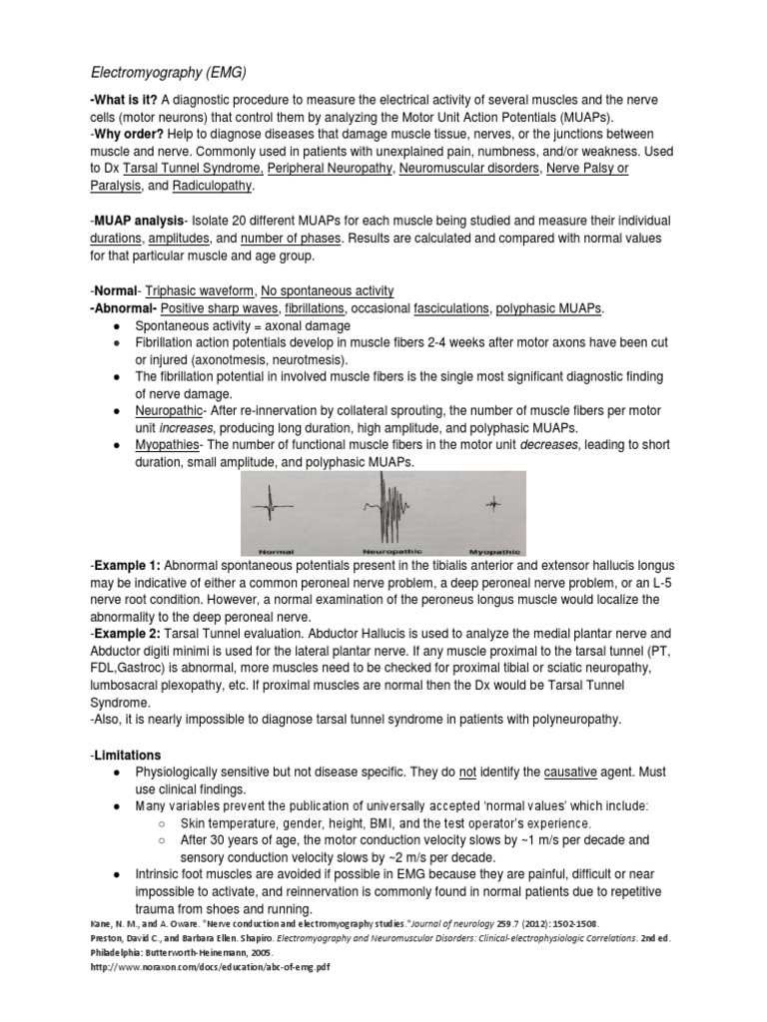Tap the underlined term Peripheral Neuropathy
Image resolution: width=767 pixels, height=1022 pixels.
click(330, 168)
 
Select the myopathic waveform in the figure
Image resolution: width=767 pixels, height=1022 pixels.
click(491, 507)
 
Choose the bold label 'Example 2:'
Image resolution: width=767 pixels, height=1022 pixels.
click(125, 634)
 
